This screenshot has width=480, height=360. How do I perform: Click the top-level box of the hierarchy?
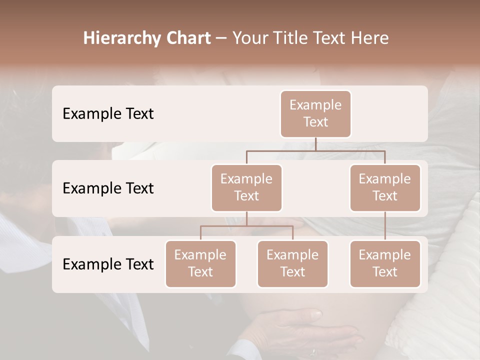click(x=315, y=113)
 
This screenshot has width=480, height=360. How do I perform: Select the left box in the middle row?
click(x=246, y=187)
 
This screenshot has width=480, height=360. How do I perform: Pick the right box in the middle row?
click(x=385, y=187)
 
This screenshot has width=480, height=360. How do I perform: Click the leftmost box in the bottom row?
click(x=200, y=263)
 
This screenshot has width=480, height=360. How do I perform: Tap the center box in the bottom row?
click(x=292, y=263)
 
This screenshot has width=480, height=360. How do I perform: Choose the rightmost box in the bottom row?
click(x=385, y=263)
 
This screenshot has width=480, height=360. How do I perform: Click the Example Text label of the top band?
click(x=108, y=114)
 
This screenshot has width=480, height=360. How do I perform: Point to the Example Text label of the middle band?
click(x=108, y=188)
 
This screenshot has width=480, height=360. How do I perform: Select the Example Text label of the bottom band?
click(x=108, y=264)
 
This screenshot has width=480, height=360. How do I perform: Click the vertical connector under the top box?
click(x=315, y=144)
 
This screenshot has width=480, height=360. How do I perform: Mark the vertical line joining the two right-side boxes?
click(x=385, y=226)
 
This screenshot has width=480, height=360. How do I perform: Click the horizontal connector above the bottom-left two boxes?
click(x=246, y=226)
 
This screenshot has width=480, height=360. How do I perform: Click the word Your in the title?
click(x=247, y=38)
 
